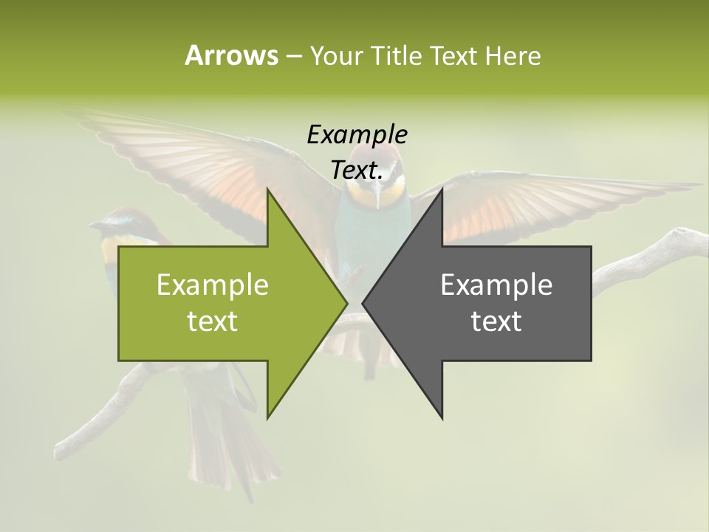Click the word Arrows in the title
[231, 55]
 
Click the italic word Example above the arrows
[357, 134]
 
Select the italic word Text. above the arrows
[357, 170]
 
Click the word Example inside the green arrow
[213, 284]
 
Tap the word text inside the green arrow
[213, 321]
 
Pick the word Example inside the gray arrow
[496, 284]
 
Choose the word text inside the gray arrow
[496, 321]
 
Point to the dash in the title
[293, 55]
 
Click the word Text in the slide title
[453, 55]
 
